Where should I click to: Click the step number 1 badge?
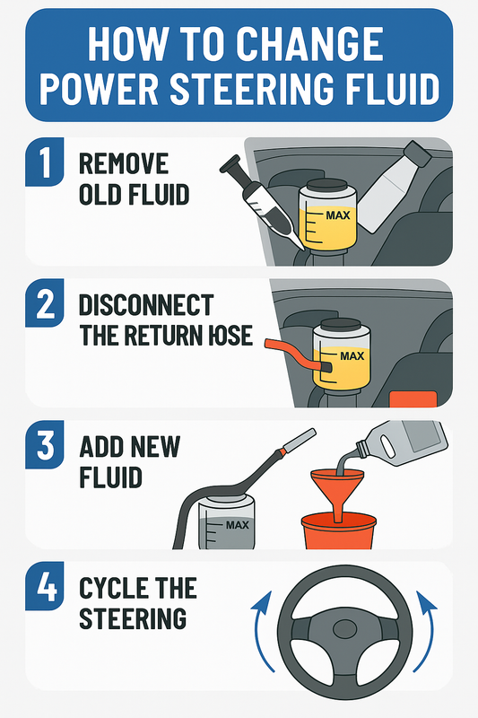pos(44,162)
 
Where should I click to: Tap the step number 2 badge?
pos(44,302)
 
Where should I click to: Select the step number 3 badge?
pos(44,444)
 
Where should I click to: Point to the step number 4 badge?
pos(44,586)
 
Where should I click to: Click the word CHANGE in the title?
pos(310,44)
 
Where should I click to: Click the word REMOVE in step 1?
pos(124,163)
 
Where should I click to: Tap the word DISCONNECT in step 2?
pos(146,305)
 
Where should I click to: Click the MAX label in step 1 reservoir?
pos(338,215)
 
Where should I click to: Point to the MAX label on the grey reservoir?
pos(238,525)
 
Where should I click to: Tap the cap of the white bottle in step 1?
pos(418,153)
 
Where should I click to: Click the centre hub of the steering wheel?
pos(345,630)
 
